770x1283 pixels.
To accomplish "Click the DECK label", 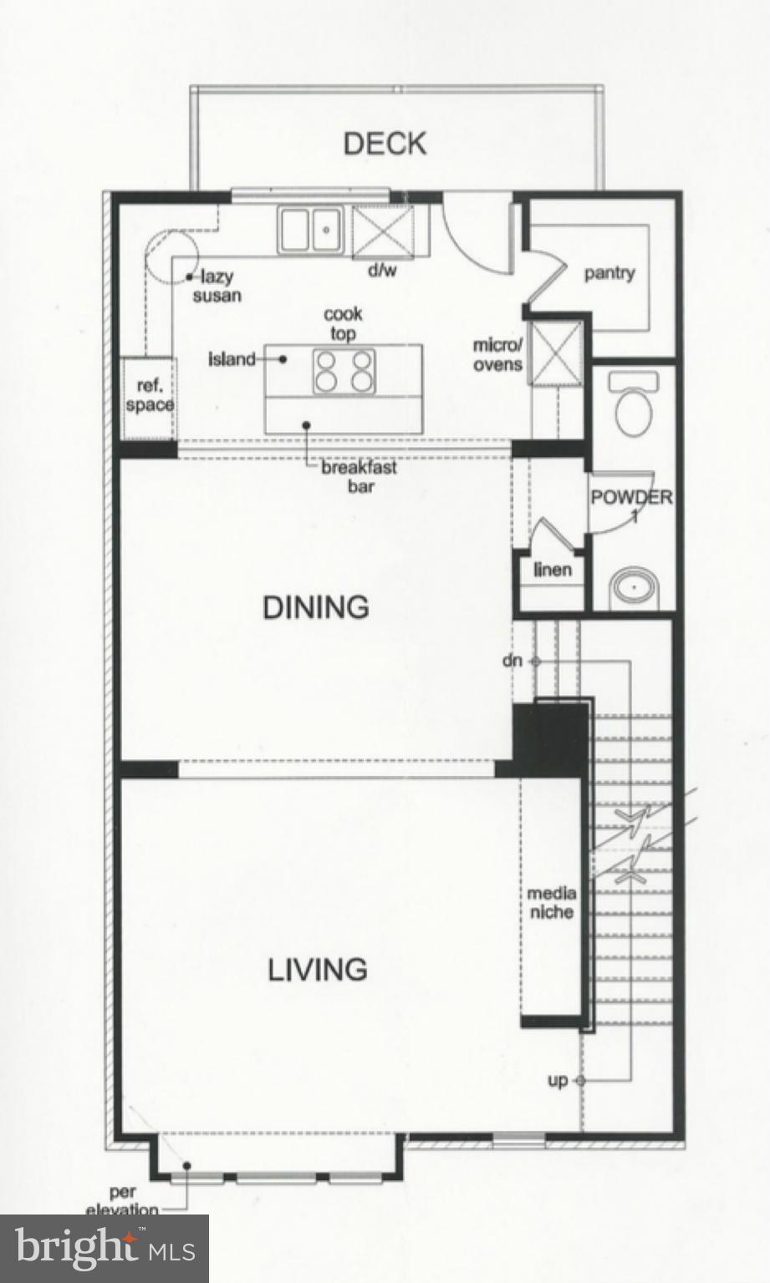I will (385, 144).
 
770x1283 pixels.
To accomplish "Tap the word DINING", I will (316, 607).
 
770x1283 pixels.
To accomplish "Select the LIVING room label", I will (318, 970).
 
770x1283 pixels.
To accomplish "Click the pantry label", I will (609, 273).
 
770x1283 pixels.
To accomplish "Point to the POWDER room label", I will (631, 498).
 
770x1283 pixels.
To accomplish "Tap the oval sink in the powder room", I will (634, 588).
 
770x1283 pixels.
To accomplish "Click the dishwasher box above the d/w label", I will (382, 230).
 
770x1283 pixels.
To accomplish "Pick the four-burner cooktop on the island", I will (343, 371).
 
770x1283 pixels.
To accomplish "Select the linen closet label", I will (553, 570).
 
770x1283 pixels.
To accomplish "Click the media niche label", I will (551, 902).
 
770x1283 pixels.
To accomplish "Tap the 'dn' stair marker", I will (512, 661).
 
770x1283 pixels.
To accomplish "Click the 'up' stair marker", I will (558, 1081).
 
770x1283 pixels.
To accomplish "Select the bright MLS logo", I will (105, 1248).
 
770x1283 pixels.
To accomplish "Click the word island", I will (232, 359).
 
